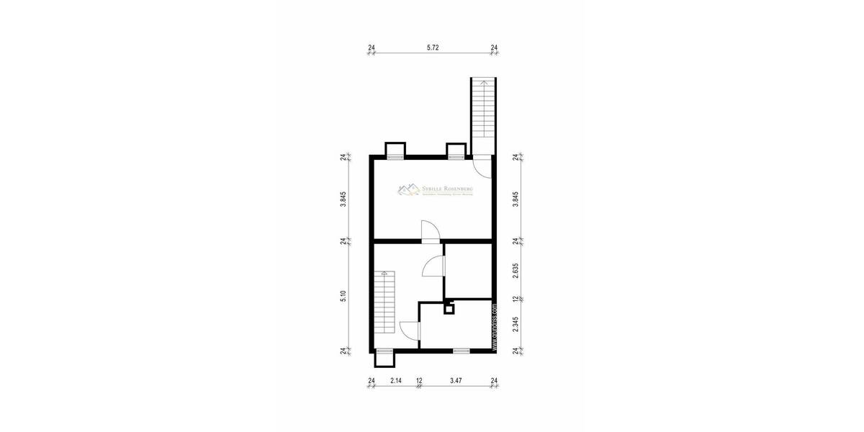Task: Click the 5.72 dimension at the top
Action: point(433,48)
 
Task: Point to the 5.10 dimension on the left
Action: point(343,297)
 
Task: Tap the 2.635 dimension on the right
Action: point(516,269)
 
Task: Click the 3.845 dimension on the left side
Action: point(343,198)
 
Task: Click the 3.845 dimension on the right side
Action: point(516,198)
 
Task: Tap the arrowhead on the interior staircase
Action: point(384,274)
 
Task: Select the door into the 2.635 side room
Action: point(434,266)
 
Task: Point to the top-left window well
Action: point(394,150)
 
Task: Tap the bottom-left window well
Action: point(384,356)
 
